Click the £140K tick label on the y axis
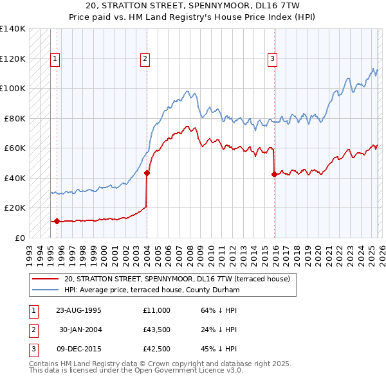(x=12, y=29)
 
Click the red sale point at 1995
(x=57, y=221)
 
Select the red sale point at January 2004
(x=147, y=173)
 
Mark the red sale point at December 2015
(x=275, y=174)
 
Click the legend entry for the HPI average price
(x=152, y=290)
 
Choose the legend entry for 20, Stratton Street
(x=177, y=279)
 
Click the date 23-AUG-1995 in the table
(x=78, y=310)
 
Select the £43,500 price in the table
(x=157, y=330)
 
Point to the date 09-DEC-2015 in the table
(x=78, y=349)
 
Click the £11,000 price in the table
(x=157, y=310)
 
